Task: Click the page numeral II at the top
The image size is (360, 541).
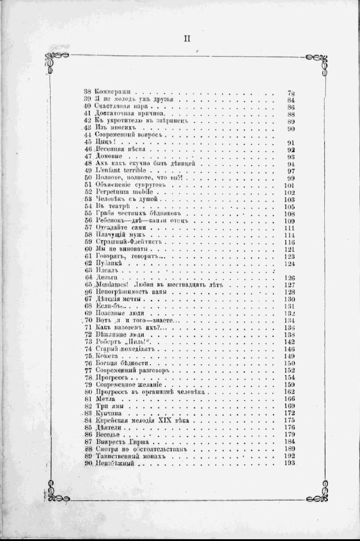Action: pyautogui.click(x=186, y=39)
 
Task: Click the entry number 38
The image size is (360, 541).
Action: pyautogui.click(x=87, y=93)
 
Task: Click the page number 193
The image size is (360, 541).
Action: pyautogui.click(x=291, y=463)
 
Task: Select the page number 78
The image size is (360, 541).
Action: pyautogui.click(x=292, y=93)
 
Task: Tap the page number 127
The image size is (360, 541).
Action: pyautogui.click(x=291, y=285)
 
